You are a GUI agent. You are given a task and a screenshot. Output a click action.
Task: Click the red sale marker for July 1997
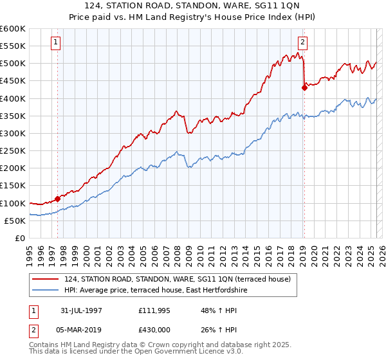coord(57,199)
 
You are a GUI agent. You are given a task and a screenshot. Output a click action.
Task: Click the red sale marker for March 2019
coord(304,88)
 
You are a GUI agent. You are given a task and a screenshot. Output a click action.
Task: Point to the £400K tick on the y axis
coord(13,98)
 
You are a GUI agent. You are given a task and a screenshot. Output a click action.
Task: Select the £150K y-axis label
coord(13,186)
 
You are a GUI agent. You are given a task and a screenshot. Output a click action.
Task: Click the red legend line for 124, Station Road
coord(45,279)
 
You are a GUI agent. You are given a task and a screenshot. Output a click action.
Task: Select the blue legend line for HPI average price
coord(45,291)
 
